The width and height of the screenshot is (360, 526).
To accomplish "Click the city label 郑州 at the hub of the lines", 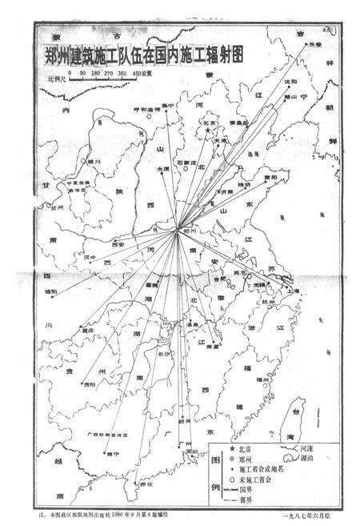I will click(190, 230).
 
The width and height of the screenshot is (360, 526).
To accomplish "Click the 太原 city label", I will click(163, 169).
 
